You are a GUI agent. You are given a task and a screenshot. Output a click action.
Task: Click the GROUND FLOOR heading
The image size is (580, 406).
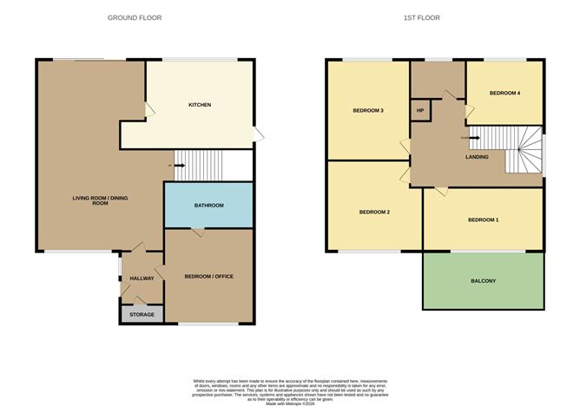pyautogui.click(x=135, y=17)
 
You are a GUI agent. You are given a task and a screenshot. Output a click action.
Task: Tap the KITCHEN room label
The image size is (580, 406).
pyautogui.click(x=200, y=105)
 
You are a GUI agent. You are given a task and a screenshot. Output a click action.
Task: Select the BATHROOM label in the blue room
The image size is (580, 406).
pyautogui.click(x=208, y=206)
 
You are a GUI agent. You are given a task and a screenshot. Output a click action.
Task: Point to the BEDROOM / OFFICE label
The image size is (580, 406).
pyautogui.click(x=208, y=277)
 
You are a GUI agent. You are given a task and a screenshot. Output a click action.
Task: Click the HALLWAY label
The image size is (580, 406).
pyautogui.click(x=142, y=278)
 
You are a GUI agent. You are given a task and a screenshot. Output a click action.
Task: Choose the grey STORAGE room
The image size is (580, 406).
pyautogui.click(x=142, y=315)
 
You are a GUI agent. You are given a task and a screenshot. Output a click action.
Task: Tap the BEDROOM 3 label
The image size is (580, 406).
pyautogui.click(x=368, y=110)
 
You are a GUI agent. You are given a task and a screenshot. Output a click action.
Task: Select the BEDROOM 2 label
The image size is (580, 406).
pyautogui.click(x=375, y=212)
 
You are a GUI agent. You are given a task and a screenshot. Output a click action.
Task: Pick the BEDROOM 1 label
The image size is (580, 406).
pyautogui.click(x=484, y=220)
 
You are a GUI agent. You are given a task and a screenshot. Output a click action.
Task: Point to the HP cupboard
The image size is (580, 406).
pyautogui.click(x=420, y=111)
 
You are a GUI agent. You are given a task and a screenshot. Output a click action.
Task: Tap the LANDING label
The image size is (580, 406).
pyautogui.click(x=476, y=157)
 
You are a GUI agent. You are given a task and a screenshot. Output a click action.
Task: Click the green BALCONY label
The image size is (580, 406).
pyautogui.click(x=484, y=281)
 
